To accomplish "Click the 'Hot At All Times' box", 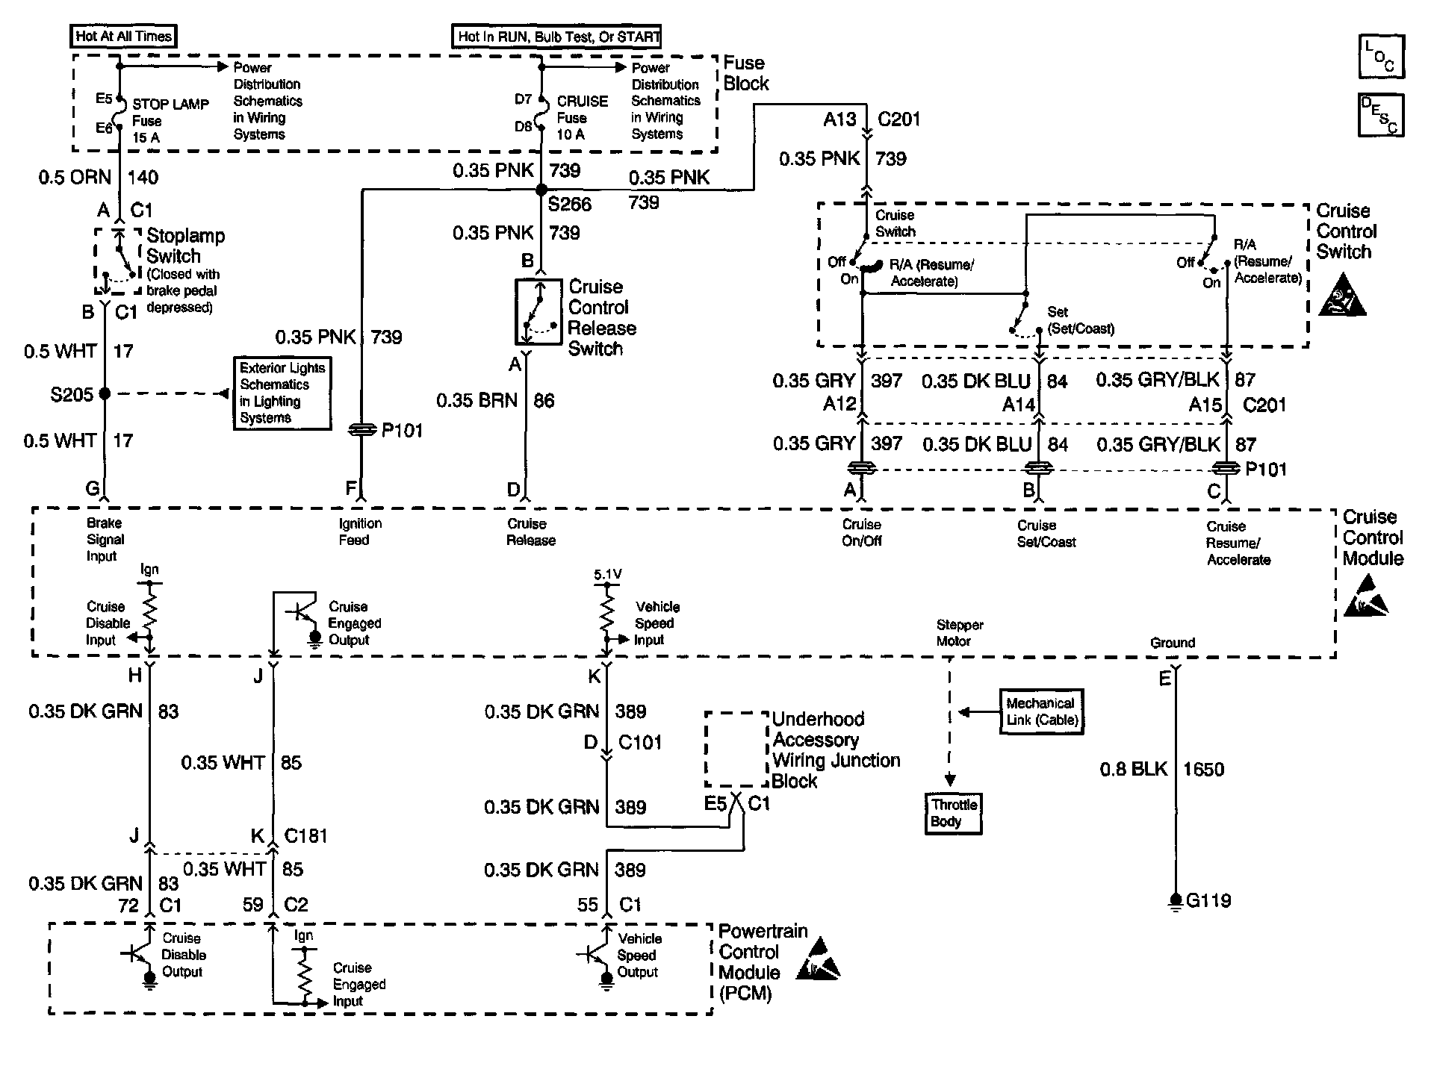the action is tap(124, 36).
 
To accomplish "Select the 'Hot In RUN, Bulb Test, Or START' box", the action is tap(557, 36).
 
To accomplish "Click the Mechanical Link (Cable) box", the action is tap(1042, 711).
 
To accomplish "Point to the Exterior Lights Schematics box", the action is tap(282, 393).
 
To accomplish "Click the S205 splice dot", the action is tap(105, 393).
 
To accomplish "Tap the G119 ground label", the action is tap(1208, 900).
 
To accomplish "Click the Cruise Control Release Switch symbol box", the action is tap(538, 311).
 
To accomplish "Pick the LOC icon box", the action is tap(1381, 56).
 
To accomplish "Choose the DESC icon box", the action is tap(1381, 115).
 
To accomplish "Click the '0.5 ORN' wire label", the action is tap(75, 177).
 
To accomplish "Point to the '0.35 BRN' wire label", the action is tap(477, 401).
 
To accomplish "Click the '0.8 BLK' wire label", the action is tap(1133, 769).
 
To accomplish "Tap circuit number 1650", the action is tap(1203, 769).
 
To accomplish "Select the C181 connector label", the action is tap(306, 836).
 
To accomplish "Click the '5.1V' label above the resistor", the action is tap(607, 575).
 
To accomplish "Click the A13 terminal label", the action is tap(839, 119).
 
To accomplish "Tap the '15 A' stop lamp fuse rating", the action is tap(146, 137).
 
